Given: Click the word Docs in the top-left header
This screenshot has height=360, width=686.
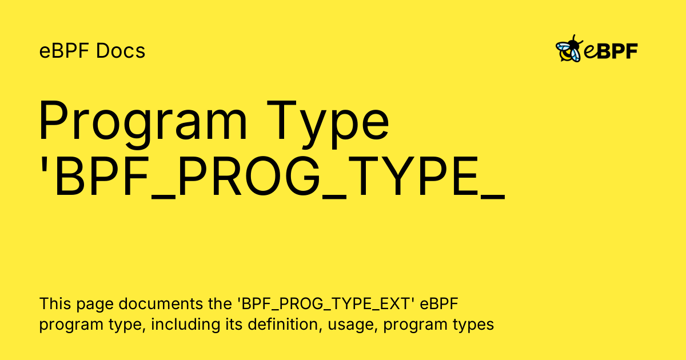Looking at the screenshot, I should (x=121, y=51).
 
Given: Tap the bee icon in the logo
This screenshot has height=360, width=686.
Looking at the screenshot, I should (x=568, y=50).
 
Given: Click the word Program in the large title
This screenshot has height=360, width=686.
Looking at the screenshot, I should (x=143, y=122).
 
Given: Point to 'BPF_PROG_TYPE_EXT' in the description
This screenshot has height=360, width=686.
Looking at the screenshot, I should (x=325, y=303).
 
